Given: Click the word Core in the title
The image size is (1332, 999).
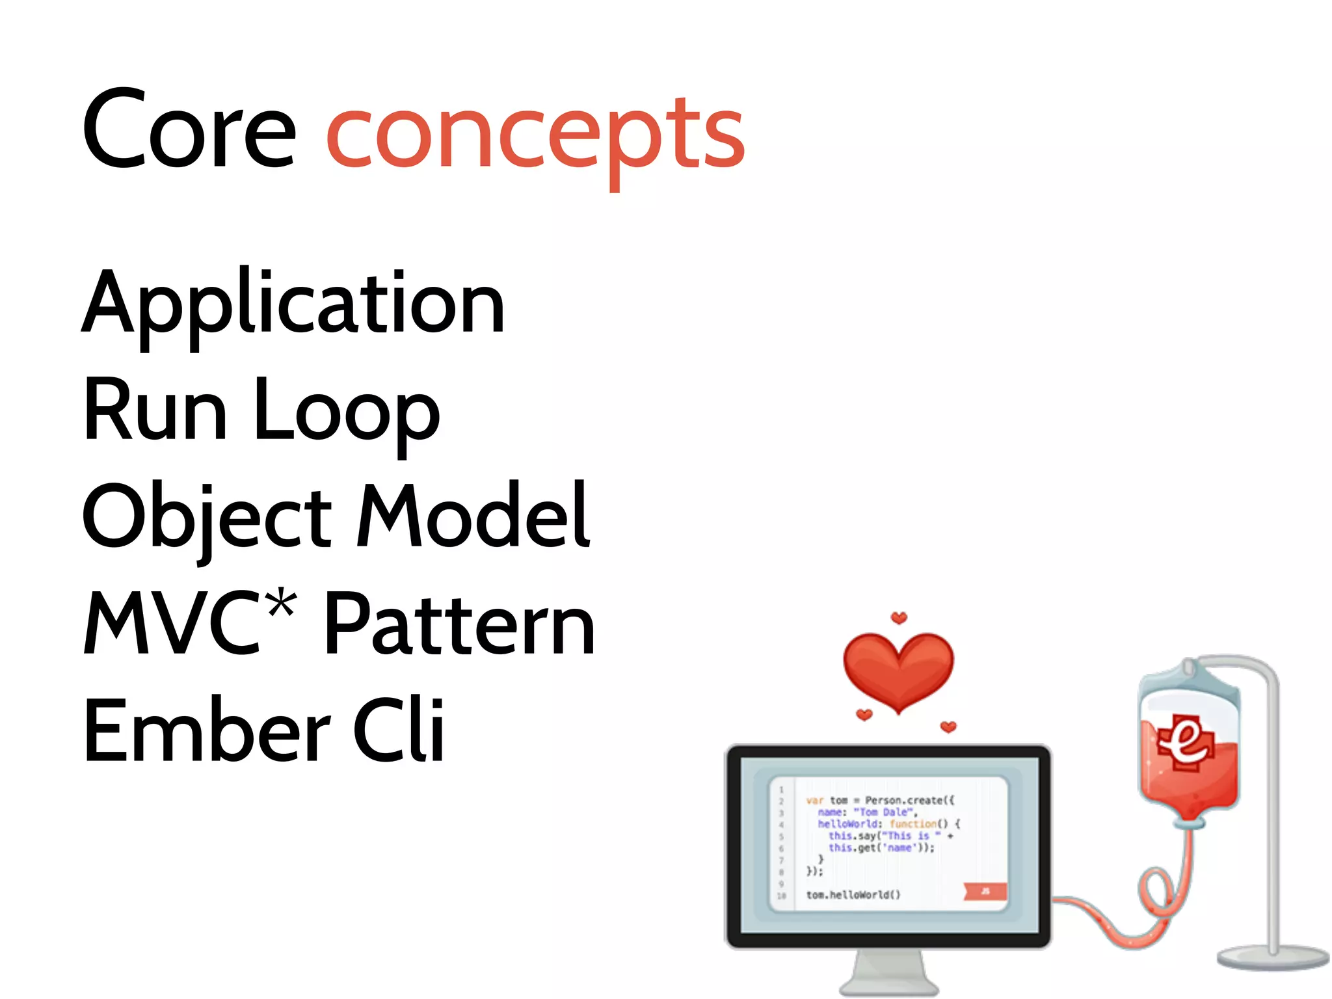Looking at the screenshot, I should click(189, 130).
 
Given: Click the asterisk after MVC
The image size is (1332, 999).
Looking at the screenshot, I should click(282, 604).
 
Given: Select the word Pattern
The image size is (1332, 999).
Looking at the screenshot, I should click(459, 624).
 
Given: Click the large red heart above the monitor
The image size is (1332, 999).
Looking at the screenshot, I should click(898, 670).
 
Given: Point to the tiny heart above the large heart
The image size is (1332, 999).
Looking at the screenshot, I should click(898, 617).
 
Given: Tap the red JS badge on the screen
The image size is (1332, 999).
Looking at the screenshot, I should click(985, 891).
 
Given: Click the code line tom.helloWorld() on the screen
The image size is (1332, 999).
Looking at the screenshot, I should click(853, 895).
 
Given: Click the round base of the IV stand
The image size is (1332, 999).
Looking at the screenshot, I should click(1272, 957).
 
